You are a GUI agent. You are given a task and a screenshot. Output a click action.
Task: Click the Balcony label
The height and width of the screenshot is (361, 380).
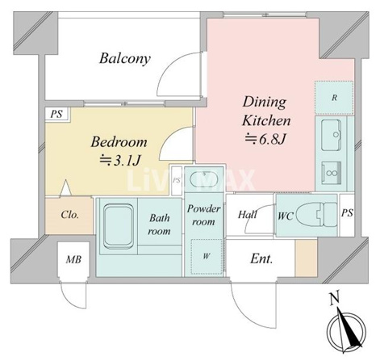click(x=125, y=59)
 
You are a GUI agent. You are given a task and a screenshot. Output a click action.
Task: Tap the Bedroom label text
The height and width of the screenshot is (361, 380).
click(x=119, y=142)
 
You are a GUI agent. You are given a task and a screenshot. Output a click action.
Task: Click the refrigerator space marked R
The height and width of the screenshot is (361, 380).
click(x=334, y=98)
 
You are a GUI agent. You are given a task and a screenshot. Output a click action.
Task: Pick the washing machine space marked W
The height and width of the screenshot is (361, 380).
click(x=207, y=256)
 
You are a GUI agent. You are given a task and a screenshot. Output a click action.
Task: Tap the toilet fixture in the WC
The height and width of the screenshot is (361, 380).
click(x=318, y=215)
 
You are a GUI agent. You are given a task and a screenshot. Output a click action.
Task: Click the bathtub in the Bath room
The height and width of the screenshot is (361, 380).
click(x=119, y=227)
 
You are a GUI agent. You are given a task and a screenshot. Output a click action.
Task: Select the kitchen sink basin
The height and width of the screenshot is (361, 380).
click(x=331, y=135)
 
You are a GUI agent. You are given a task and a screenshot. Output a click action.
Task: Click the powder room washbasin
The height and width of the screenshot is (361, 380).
click(x=203, y=179)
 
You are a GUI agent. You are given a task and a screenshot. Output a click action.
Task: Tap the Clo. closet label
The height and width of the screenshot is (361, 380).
click(x=70, y=215)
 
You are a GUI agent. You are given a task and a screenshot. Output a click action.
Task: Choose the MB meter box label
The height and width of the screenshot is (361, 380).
click(x=73, y=260)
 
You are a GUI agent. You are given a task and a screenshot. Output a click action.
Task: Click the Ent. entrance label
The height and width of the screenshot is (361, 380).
click(x=261, y=259)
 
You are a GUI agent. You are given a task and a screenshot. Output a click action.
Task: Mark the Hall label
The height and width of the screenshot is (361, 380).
click(x=248, y=215)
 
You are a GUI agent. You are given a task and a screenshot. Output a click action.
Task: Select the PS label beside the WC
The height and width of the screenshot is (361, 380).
click(x=347, y=213)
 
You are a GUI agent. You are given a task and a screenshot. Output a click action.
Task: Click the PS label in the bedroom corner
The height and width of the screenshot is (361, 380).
click(x=56, y=114)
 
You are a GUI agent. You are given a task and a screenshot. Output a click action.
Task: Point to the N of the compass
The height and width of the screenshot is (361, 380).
click(x=334, y=299)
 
